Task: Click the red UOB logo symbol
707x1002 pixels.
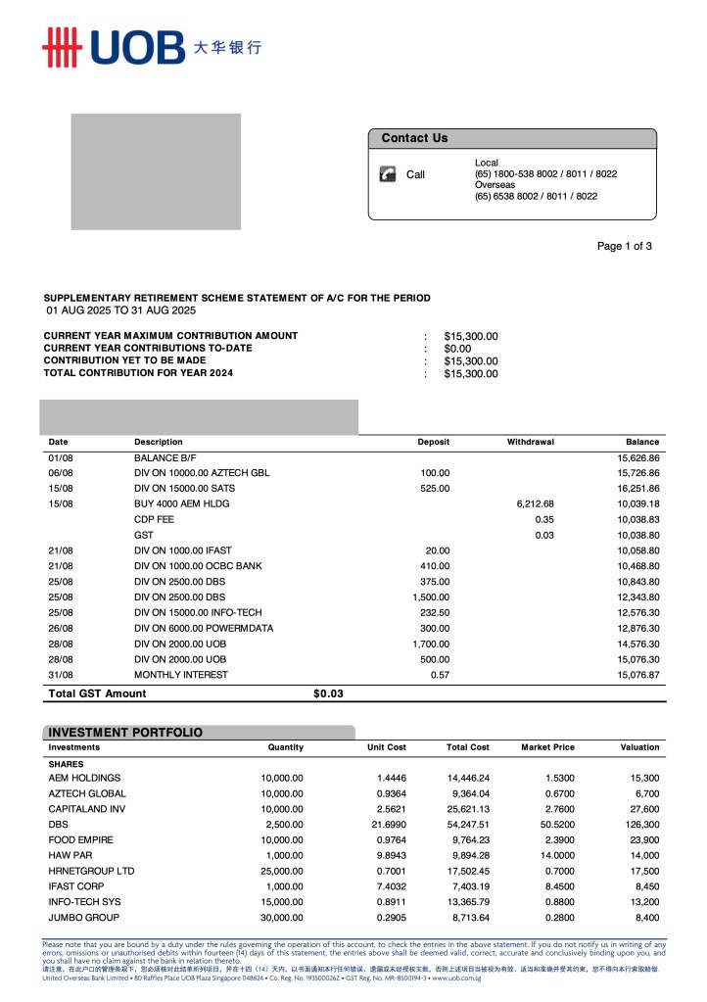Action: [x=59, y=47]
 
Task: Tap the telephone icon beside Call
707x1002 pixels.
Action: [x=388, y=174]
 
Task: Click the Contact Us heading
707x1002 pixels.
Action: [x=414, y=138]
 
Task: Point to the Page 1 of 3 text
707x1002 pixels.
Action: [x=624, y=246]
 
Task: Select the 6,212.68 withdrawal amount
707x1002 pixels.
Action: [x=535, y=503]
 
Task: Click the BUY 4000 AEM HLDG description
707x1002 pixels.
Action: [x=181, y=503]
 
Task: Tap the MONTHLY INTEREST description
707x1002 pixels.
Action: [x=181, y=675]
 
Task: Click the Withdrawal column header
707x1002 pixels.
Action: [x=530, y=442]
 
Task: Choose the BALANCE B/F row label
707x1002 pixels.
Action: [x=165, y=457]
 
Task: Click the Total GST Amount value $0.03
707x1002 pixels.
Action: [x=328, y=693]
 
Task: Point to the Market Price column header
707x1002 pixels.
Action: [x=547, y=747]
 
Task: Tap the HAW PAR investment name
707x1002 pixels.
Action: [x=71, y=855]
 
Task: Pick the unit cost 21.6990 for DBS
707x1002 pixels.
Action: [x=385, y=825]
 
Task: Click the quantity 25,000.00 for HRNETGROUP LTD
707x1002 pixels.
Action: [x=276, y=871]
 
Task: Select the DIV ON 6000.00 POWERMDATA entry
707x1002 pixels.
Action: [x=204, y=628]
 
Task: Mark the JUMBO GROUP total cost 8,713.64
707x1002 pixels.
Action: [x=469, y=918]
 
